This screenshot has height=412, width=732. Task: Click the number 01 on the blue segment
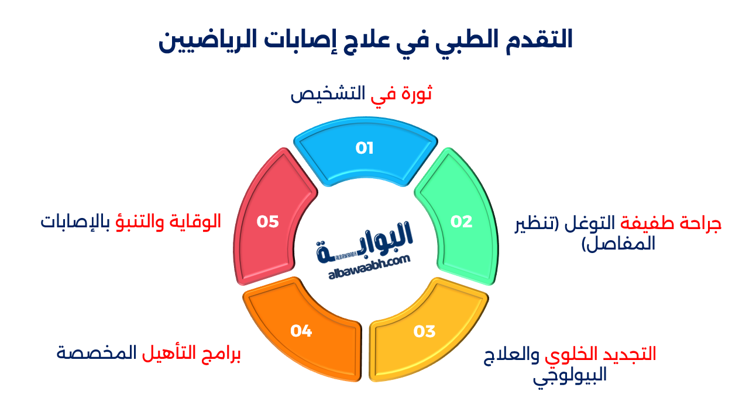(x=365, y=148)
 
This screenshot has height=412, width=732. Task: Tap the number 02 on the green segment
(x=462, y=221)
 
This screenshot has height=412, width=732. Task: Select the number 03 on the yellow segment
(x=424, y=331)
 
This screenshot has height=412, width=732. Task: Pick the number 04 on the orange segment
(x=301, y=331)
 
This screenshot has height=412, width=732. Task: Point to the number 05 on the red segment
(x=267, y=221)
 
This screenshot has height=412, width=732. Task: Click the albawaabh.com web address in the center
(x=369, y=268)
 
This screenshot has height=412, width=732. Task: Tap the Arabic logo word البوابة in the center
(x=365, y=241)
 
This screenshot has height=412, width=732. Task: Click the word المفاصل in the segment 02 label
(x=618, y=244)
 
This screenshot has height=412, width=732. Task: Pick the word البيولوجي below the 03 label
(x=570, y=375)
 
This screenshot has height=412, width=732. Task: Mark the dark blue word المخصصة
(x=97, y=353)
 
